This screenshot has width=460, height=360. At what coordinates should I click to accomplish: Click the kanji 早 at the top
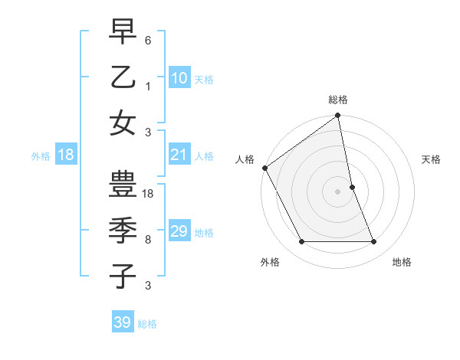[123, 32]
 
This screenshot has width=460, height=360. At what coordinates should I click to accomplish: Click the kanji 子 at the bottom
[123, 276]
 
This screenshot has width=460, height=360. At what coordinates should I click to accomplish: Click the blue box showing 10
[179, 78]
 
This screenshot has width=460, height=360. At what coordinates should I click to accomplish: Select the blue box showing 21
[179, 155]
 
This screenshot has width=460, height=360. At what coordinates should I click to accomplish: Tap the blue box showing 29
[179, 231]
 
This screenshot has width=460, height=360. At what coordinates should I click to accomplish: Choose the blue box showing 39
[123, 322]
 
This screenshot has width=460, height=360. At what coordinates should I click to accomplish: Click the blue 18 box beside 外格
[66, 155]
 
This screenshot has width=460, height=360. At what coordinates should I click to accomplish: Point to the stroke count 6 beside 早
[148, 39]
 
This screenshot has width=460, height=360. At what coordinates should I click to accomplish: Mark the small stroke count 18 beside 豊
[149, 194]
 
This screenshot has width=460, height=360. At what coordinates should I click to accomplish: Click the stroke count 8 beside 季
[148, 240]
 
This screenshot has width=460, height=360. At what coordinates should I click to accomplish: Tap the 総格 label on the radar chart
[338, 100]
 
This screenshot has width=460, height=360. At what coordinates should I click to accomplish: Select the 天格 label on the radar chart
[432, 159]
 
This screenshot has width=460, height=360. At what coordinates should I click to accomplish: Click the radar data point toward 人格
[264, 168]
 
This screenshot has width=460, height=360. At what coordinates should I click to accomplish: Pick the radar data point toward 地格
[374, 242]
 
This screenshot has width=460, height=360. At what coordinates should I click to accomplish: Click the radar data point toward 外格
[301, 242]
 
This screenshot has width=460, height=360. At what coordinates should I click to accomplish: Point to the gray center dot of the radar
[338, 191]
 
